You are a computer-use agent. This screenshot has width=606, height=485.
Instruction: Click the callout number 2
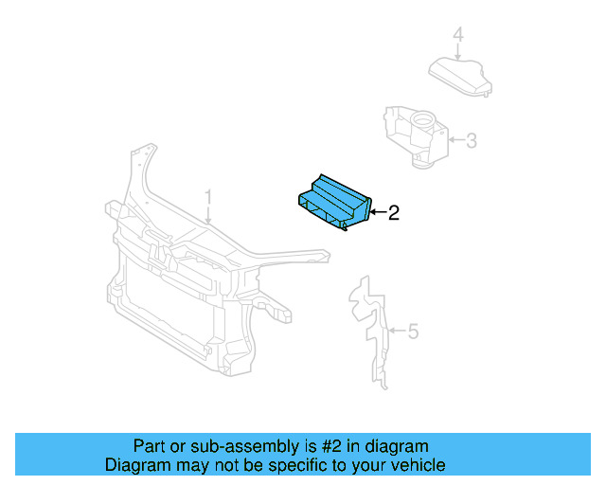394,213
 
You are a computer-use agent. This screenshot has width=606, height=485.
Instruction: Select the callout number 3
471,142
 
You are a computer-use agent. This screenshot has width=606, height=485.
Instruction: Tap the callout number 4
457,36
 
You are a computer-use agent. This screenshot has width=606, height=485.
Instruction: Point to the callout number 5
413,332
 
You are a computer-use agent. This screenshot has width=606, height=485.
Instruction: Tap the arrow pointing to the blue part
376,213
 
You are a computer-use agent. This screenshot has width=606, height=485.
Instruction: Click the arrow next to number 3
454,142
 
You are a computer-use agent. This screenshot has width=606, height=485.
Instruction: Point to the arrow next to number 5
398,332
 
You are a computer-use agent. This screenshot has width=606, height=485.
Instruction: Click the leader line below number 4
457,52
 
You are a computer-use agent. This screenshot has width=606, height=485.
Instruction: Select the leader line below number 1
209,215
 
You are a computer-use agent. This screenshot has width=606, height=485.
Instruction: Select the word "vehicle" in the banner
418,465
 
